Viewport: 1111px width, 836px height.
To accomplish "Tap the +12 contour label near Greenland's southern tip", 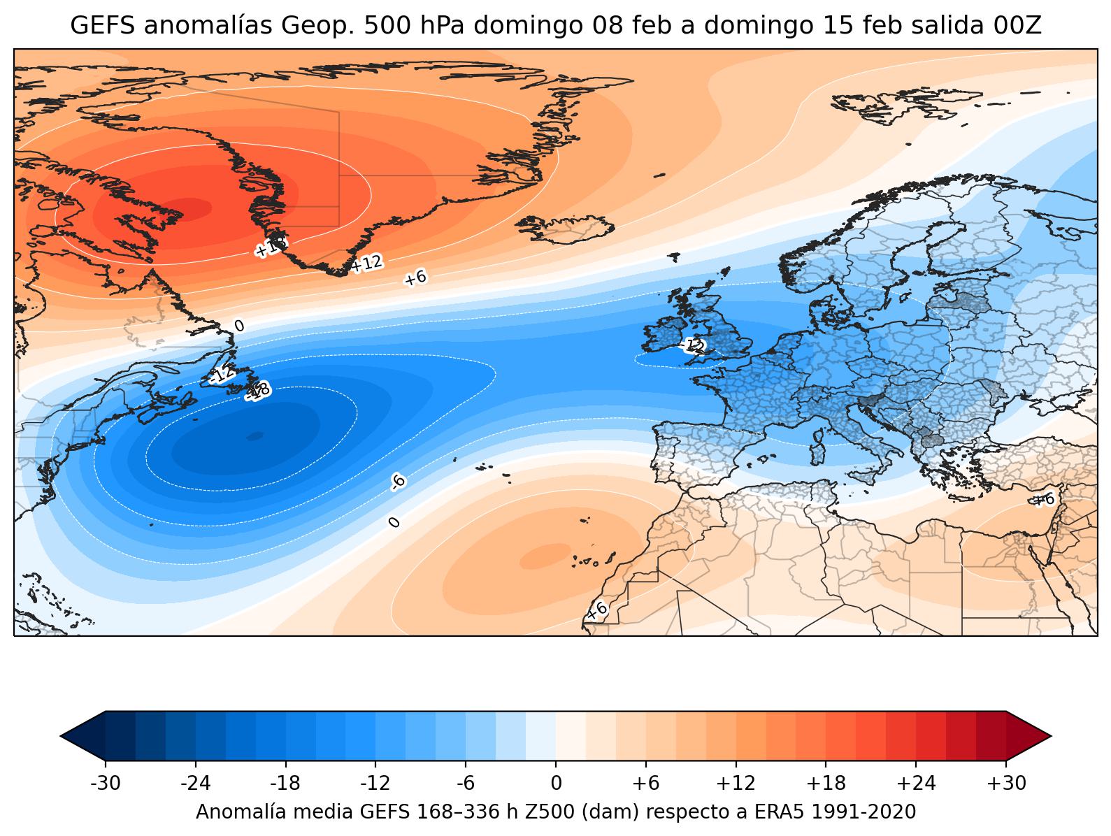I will click(366, 264).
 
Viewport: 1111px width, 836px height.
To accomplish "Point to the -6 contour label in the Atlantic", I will click(397, 481).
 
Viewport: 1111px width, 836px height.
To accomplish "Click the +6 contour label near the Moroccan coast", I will click(596, 611).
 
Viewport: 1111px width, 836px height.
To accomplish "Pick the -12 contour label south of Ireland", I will click(693, 345).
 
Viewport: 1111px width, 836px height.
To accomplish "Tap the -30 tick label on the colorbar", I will click(106, 784).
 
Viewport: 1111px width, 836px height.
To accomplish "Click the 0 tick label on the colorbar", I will click(556, 784).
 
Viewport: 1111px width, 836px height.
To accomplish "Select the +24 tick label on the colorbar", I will click(916, 784).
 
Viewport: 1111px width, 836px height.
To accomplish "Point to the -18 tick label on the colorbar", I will click(285, 784).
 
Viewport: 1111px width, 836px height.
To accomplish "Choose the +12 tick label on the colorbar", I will click(736, 784).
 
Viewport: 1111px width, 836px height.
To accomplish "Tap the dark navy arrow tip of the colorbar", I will click(83, 735).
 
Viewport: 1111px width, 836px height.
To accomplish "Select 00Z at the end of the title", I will click(1017, 26).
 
